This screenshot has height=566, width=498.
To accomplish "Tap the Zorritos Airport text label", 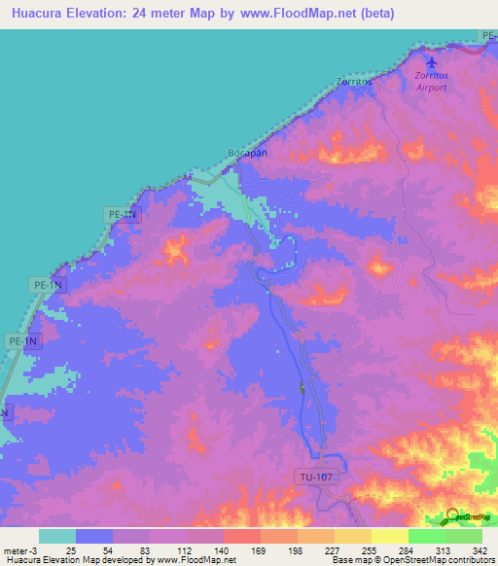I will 431,81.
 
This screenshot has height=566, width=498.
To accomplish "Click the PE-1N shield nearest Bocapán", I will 124,214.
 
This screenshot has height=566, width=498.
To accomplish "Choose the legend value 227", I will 332,550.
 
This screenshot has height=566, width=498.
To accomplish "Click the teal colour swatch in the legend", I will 57,536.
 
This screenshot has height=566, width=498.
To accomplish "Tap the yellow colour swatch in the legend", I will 390,536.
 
